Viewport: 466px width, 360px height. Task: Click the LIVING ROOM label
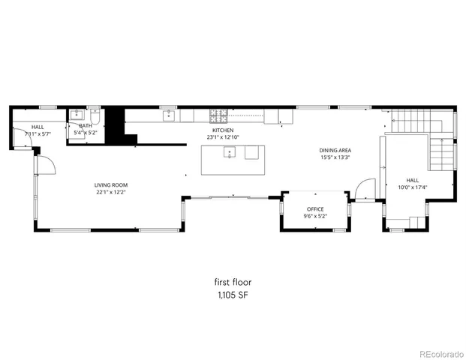point(111,184)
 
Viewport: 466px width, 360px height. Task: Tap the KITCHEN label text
point(222,130)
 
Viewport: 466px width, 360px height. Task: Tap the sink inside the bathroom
point(77,115)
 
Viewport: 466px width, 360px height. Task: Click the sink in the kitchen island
point(230,152)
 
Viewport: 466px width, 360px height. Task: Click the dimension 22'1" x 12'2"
point(111,192)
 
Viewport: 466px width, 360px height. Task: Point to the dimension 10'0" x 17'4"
point(412,187)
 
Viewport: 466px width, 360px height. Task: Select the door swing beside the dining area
point(365,190)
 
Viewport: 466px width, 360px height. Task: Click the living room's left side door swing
point(44,164)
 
